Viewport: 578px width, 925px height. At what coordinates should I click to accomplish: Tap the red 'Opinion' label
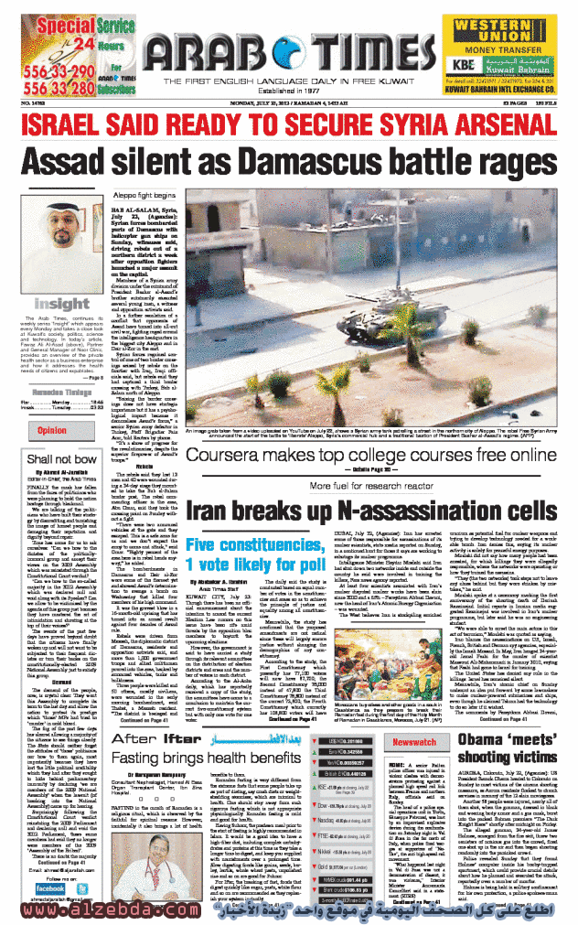pos(51,429)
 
